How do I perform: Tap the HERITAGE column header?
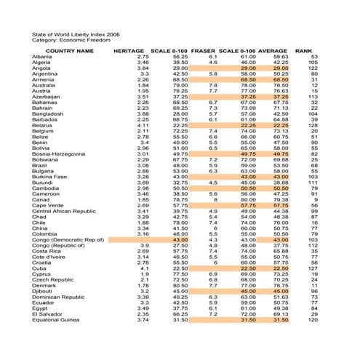[132, 51]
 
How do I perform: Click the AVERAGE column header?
[273, 51]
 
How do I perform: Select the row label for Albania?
[42, 57]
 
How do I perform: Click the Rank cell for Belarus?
[313, 125]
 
